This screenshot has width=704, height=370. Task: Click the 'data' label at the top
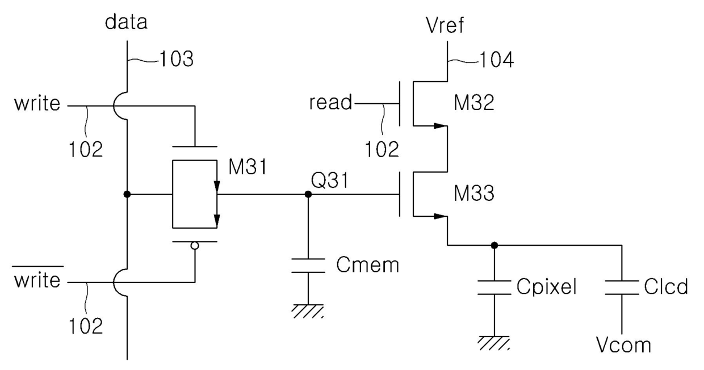[126, 22]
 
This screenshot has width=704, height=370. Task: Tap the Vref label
[445, 25]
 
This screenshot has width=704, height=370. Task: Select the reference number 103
[177, 59]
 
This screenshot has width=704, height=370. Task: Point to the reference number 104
[497, 60]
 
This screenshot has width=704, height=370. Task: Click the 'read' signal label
[330, 102]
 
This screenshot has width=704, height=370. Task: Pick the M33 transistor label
[474, 193]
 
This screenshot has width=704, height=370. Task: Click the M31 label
[248, 166]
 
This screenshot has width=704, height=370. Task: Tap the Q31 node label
[330, 180]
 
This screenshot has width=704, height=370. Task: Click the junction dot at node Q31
[308, 195]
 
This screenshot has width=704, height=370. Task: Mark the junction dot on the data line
[127, 195]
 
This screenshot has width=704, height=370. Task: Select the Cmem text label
[367, 265]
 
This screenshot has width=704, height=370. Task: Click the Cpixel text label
[547, 287]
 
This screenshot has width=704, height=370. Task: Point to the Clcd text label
[666, 287]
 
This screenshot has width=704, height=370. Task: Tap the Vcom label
[623, 345]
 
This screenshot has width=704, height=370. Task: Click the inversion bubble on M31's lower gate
[195, 246]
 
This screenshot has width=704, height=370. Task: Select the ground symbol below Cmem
[308, 311]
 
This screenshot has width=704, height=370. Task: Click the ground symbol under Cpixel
[494, 343]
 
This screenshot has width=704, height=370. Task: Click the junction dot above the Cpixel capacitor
[495, 245]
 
